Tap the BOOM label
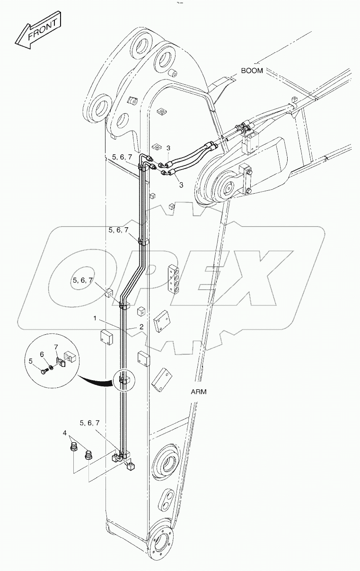pyautogui.click(x=252, y=71)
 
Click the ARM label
pyautogui.click(x=199, y=392)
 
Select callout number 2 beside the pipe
pyautogui.click(x=141, y=327)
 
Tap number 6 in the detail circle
pyautogui.click(x=42, y=354)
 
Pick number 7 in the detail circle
pyautogui.click(x=55, y=348)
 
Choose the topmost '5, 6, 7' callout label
pyautogui.click(x=122, y=157)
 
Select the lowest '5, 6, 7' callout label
pyautogui.click(x=90, y=423)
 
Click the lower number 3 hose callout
pyautogui.click(x=181, y=185)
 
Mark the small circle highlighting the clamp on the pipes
pyautogui.click(x=123, y=380)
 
